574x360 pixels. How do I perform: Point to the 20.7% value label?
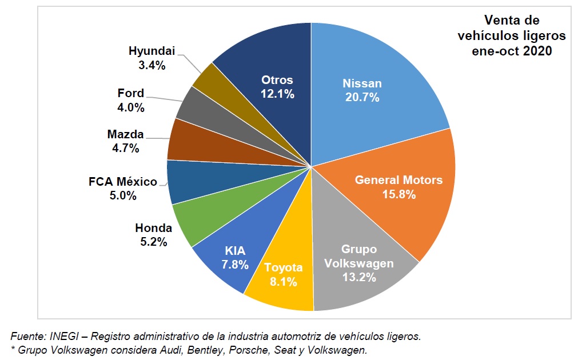click(x=362, y=97)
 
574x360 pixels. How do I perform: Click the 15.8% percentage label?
click(x=398, y=194)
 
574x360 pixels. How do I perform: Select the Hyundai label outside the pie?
click(x=152, y=51)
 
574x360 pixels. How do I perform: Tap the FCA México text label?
click(x=122, y=182)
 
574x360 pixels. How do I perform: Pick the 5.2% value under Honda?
click(x=153, y=242)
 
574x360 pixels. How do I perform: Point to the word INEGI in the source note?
click(x=55, y=336)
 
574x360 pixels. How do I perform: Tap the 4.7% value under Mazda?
click(x=125, y=149)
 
